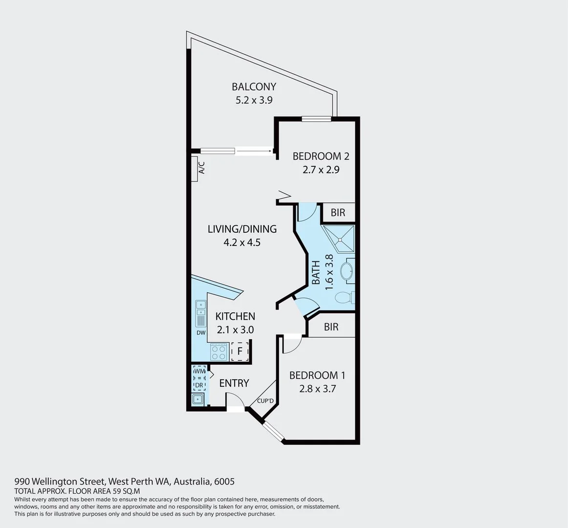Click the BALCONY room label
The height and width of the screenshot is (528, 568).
(254, 87)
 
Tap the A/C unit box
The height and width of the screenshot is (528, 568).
(201, 169)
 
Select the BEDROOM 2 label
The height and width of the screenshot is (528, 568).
(321, 156)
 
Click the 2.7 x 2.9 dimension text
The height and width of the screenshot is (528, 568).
(321, 170)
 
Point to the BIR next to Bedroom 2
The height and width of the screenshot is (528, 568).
(338, 213)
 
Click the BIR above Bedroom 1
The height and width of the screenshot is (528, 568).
(331, 327)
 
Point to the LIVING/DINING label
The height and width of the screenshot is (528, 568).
(242, 229)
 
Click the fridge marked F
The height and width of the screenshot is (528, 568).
(240, 351)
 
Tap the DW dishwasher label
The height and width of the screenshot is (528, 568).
(201, 333)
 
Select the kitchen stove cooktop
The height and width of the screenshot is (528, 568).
(218, 352)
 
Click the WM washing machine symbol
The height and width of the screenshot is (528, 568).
(199, 372)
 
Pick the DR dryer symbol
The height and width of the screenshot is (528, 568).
(199, 385)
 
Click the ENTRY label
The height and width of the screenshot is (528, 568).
(234, 383)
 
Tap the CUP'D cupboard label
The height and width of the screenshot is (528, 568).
(265, 401)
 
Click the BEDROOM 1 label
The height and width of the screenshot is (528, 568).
(317, 375)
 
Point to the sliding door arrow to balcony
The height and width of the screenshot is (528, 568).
(254, 151)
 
